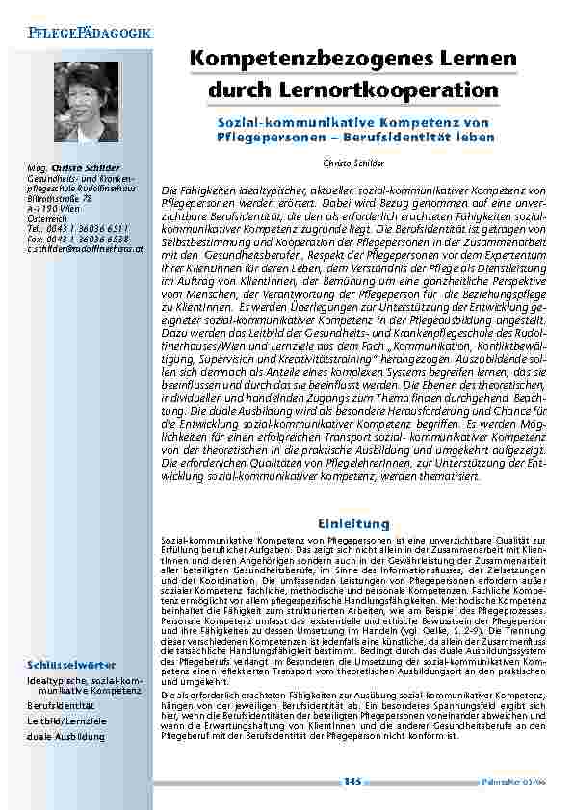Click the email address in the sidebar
pyautogui.click(x=86, y=240)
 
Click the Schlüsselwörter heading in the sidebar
pyautogui.click(x=71, y=665)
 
